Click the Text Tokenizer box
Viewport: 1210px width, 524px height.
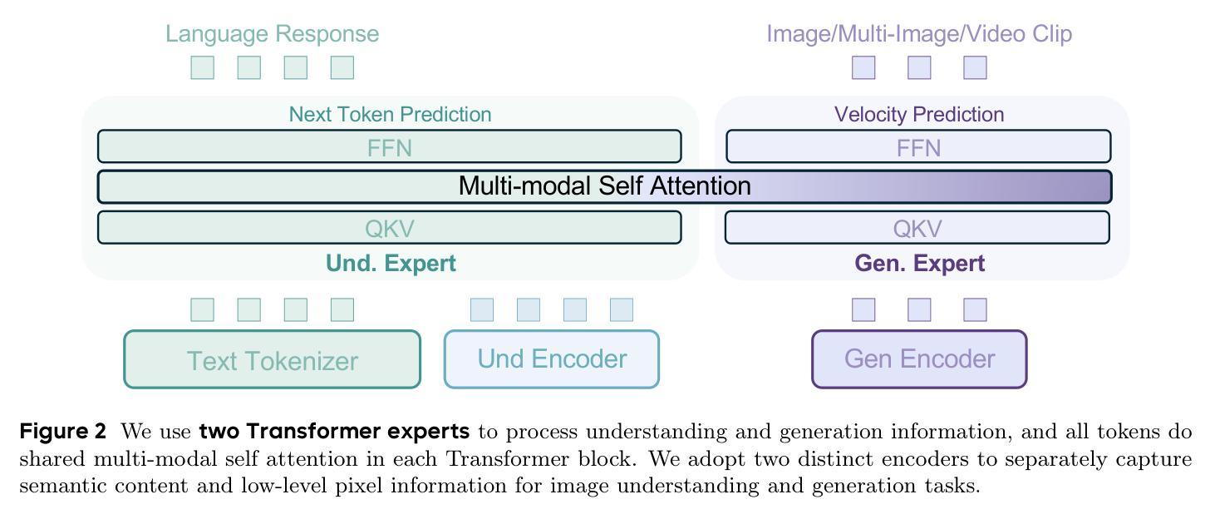(273, 359)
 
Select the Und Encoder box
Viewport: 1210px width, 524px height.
(552, 359)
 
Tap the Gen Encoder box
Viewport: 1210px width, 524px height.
(919, 359)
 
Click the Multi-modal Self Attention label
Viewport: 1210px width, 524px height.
(604, 186)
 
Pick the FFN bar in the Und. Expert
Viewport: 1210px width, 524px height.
(390, 146)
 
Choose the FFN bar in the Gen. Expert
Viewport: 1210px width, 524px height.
(918, 146)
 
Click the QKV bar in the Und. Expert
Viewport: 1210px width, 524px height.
(390, 228)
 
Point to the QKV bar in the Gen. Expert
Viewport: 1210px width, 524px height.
(917, 228)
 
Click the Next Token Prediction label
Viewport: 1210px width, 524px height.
(390, 114)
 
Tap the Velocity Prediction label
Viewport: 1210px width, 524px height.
(919, 114)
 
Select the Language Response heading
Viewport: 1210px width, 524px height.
(273, 33)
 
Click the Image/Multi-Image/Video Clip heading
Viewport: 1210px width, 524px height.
(919, 33)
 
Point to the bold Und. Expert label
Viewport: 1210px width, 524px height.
(391, 264)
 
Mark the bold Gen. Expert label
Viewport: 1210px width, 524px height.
(919, 264)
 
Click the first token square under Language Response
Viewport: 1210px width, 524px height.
(203, 67)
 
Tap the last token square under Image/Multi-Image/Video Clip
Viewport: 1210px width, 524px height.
(975, 67)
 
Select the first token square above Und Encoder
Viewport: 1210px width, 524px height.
(482, 310)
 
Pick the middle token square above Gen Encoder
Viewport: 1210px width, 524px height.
(919, 310)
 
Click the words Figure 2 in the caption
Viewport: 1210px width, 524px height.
(62, 432)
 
